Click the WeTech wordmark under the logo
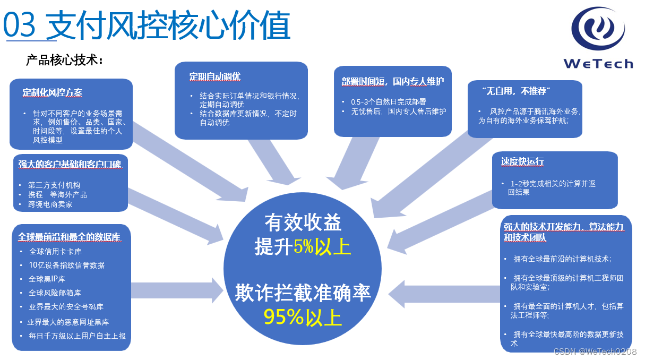pyautogui.click(x=598, y=64)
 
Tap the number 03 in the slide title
pyautogui.click(x=20, y=25)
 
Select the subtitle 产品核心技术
pyautogui.click(x=64, y=60)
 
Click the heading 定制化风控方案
pyautogui.click(x=52, y=92)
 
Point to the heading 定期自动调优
pyautogui.click(x=214, y=76)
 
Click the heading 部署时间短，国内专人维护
pyautogui.click(x=392, y=81)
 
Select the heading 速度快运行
pyautogui.click(x=522, y=161)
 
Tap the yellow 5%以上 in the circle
pyautogui.click(x=323, y=247)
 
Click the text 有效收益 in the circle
pyautogui.click(x=303, y=223)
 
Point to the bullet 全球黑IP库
pyautogui.click(x=47, y=279)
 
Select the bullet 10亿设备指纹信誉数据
pyautogui.click(x=67, y=265)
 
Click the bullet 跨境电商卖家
pyautogui.click(x=50, y=204)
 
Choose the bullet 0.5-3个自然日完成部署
pyautogui.click(x=388, y=101)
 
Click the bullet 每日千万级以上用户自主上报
pyautogui.click(x=77, y=336)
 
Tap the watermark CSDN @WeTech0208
pyautogui.click(x=595, y=352)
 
